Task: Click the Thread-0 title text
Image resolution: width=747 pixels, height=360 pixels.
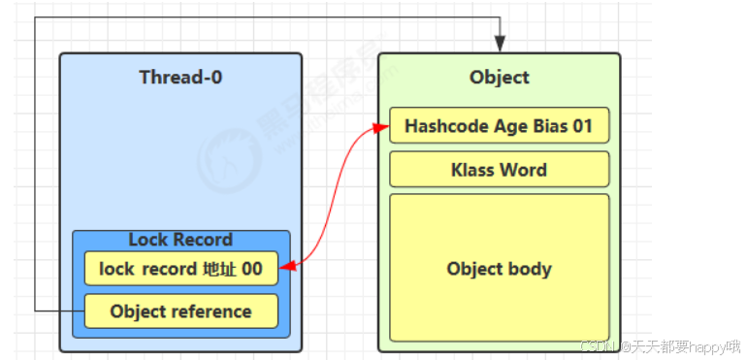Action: point(180,77)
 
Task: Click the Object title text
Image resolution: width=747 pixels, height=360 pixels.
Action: point(499,77)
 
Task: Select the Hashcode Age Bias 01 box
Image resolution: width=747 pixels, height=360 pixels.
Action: point(499,125)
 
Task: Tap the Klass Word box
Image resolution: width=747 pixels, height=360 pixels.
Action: point(499,170)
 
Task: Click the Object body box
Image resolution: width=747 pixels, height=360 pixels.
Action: point(499,269)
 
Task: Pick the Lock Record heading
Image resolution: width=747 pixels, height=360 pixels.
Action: point(180,240)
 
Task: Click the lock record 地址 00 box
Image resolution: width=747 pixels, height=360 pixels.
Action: point(180,269)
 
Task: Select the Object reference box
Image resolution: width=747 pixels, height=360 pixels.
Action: point(180,311)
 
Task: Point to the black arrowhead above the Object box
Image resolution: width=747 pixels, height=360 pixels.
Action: point(500,44)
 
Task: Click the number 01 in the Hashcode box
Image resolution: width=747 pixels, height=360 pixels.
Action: point(581,125)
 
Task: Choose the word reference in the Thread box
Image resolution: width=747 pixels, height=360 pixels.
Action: point(211,311)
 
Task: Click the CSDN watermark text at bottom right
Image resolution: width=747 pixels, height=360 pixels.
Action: point(660,346)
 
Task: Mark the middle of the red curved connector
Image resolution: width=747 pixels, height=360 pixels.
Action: point(333,194)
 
